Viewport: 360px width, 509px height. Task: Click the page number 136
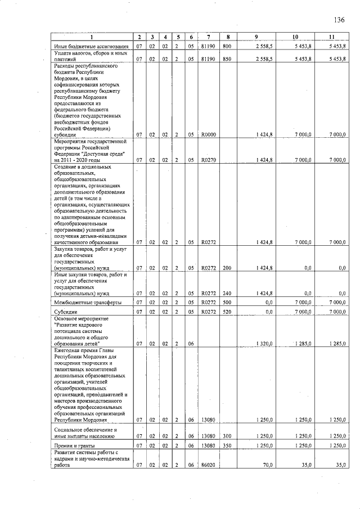339,20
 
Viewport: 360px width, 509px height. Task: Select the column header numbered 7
208,37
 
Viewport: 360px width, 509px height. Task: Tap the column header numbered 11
332,37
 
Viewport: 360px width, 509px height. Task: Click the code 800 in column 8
227,45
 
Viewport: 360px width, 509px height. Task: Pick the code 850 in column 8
227,58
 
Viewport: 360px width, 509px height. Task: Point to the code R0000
209,134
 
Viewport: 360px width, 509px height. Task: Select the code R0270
209,160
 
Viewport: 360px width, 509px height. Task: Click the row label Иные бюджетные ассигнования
87,45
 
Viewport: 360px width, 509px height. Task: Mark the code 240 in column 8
227,293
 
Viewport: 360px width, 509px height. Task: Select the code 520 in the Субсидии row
227,311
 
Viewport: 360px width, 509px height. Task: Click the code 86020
209,465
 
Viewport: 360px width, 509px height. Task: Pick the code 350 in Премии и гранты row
227,445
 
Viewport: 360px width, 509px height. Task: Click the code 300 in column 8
227,435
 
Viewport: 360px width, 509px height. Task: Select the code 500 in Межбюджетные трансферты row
227,302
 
